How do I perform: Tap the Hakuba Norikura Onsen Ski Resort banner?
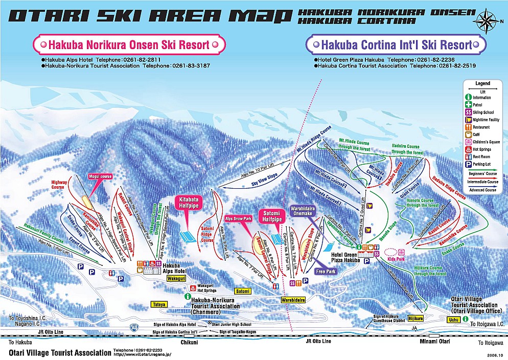coord(129,45)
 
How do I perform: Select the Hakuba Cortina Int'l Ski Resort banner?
coord(396,45)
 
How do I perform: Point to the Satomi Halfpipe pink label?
coord(272,216)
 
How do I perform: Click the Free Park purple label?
coord(326,272)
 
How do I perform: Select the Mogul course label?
coord(100,176)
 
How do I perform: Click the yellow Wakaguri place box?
coord(176,279)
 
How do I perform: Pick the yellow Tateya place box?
coord(159,304)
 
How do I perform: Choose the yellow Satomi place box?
coord(243,291)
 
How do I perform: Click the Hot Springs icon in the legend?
coord(468,149)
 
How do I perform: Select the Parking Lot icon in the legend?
coord(468,164)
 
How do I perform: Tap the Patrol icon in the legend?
coord(468,104)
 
